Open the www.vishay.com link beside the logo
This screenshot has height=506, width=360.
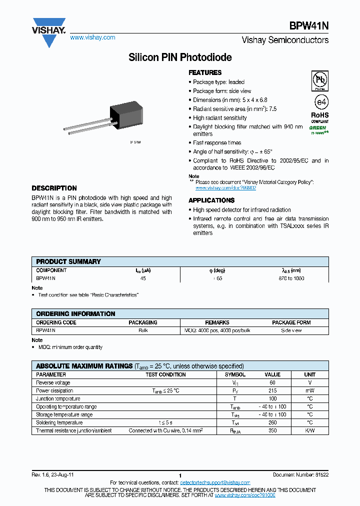click(x=92, y=37)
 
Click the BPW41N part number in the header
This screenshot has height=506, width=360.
click(x=308, y=26)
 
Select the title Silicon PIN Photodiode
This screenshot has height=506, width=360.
click(x=180, y=57)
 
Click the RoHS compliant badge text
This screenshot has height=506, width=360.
click(x=320, y=116)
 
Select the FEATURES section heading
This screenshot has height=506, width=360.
click(x=205, y=72)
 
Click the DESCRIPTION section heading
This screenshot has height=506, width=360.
click(x=54, y=188)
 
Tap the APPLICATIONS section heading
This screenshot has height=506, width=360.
click(x=211, y=200)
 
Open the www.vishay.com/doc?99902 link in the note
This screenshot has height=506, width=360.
click(x=225, y=188)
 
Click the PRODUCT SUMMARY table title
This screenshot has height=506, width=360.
click(x=68, y=261)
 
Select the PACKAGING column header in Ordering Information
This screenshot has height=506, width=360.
click(x=143, y=322)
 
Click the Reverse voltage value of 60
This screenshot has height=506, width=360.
click(x=272, y=382)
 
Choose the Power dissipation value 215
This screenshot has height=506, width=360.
click(x=272, y=390)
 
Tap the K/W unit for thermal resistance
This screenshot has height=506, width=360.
click(x=309, y=430)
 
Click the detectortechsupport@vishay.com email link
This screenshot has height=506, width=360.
click(x=215, y=482)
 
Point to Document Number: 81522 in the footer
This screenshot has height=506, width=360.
click(x=300, y=474)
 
